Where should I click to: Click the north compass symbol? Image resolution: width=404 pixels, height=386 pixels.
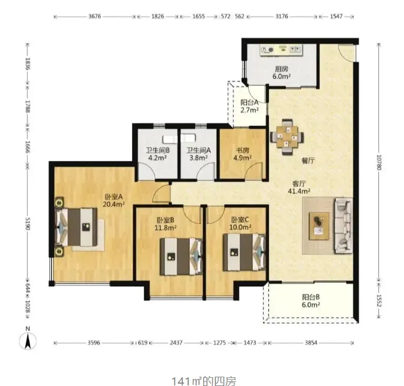pos(28,341)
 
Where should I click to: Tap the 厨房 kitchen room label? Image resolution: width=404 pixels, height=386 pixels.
pos(282,69)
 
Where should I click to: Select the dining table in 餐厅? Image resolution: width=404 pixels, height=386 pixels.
pos(287,137)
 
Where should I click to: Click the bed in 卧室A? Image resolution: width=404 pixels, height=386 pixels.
pos(76,227)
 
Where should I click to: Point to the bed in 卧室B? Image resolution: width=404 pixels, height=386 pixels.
pos(181,257)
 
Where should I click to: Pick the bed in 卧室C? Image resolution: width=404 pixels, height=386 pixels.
pos(244,252)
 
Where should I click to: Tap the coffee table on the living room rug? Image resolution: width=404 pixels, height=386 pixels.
pos(319,226)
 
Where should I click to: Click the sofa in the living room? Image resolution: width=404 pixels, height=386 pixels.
pos(343,226)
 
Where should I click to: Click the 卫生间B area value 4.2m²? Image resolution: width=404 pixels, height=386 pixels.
pos(157,157)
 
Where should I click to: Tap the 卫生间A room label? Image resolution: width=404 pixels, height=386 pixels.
pos(199,150)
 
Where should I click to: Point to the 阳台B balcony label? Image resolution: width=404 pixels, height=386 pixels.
pos(311,297)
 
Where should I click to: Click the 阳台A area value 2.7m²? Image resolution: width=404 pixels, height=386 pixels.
pos(249,110)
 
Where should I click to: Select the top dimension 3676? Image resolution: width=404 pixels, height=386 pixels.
pos(94,16)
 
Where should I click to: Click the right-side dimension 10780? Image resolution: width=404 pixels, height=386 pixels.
pos(378,162)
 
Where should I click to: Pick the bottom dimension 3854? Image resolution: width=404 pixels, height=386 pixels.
pos(311,343)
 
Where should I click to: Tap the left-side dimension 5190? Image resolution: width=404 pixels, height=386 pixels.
pos(28,224)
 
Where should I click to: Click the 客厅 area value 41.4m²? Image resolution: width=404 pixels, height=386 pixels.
pos(299,191)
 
